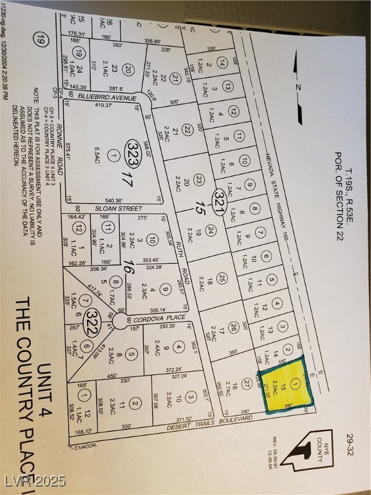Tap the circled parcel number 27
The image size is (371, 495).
pyautogui.click(x=246, y=382)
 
